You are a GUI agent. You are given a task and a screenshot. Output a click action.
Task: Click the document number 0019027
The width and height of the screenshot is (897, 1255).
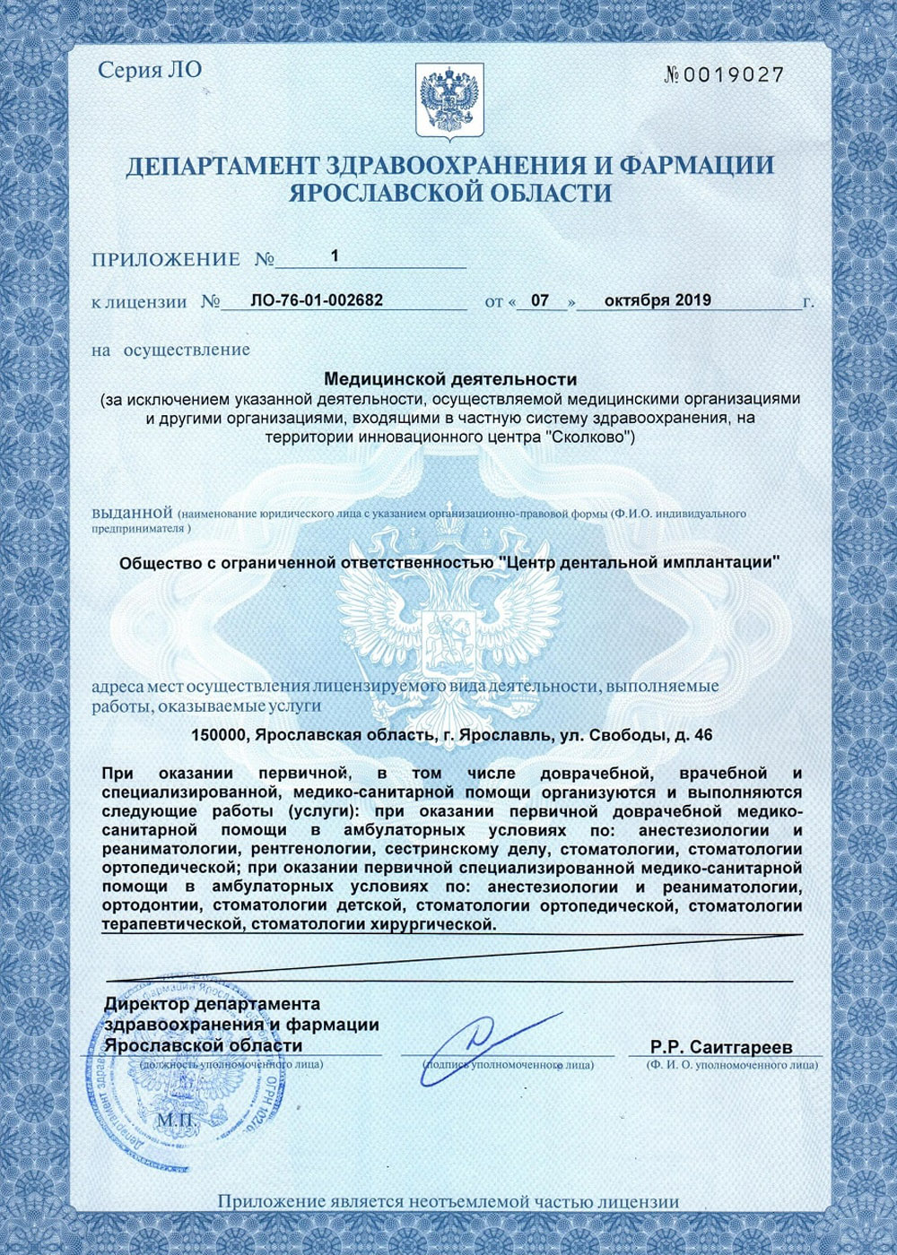pos(734,75)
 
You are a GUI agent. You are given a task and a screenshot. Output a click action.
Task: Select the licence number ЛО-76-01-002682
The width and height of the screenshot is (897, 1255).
pos(317,300)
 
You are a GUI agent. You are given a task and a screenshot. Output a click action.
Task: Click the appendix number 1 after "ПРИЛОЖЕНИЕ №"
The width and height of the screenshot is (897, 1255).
pos(335,256)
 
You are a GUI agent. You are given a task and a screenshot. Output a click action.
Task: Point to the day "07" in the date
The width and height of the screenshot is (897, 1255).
pos(539,301)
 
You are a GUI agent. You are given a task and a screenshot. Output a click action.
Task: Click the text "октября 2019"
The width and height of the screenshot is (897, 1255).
pos(658,300)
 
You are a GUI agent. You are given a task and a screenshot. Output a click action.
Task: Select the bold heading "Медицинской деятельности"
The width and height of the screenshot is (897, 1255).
pos(449,380)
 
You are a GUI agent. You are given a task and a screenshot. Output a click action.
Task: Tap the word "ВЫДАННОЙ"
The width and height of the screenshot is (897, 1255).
pos(132,514)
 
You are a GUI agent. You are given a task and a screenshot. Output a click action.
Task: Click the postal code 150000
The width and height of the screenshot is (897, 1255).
pos(219,735)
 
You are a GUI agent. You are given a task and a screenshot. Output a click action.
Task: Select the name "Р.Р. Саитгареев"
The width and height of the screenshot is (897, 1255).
pos(722,1047)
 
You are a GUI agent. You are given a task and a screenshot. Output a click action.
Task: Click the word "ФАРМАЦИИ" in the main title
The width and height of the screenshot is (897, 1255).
pos(696,166)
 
